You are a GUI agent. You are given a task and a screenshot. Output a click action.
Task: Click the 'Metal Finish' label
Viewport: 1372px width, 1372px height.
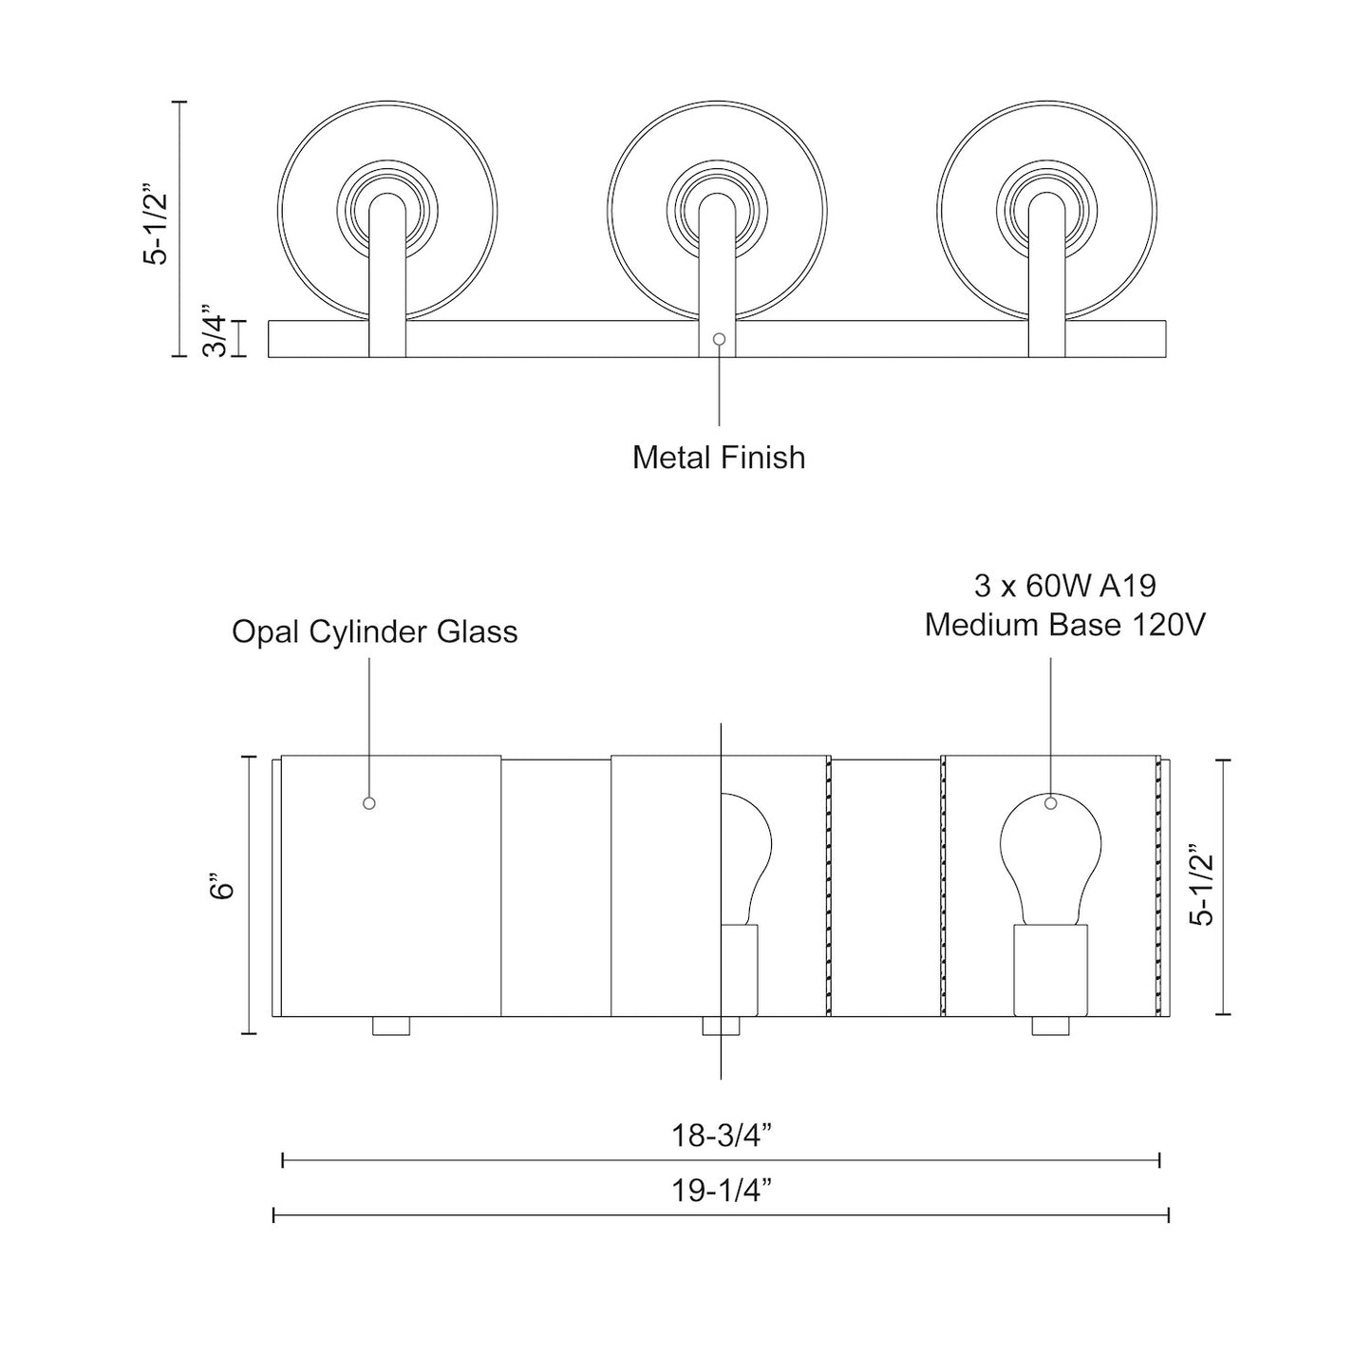719,458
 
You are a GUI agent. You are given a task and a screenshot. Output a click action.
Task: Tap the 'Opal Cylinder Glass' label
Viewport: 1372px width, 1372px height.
374,631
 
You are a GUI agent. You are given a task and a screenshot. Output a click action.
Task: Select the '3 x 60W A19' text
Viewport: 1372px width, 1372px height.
1064,586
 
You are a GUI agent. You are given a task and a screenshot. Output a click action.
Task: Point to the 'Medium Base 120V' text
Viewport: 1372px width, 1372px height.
1064,626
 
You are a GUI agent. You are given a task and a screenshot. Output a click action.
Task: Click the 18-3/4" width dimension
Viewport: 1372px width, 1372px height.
721,1136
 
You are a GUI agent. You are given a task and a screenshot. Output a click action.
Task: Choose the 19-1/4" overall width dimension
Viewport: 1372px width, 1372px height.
721,1191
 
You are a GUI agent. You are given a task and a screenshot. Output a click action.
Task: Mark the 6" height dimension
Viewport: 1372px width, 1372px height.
222,889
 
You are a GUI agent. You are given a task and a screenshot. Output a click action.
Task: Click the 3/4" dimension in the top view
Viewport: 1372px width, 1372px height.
215,329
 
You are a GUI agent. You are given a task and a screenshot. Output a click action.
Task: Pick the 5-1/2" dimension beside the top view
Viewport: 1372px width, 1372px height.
154,224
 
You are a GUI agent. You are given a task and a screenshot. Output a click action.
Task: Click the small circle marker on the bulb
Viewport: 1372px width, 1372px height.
1050,803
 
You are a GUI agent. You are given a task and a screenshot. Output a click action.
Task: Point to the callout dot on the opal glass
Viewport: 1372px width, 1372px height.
369,803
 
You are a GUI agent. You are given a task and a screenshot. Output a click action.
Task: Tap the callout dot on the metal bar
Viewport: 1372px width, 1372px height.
719,339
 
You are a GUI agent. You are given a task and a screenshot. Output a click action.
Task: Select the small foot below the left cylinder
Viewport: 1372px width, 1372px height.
390,1026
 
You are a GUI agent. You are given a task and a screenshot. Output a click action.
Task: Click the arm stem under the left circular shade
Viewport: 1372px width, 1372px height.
388,285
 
